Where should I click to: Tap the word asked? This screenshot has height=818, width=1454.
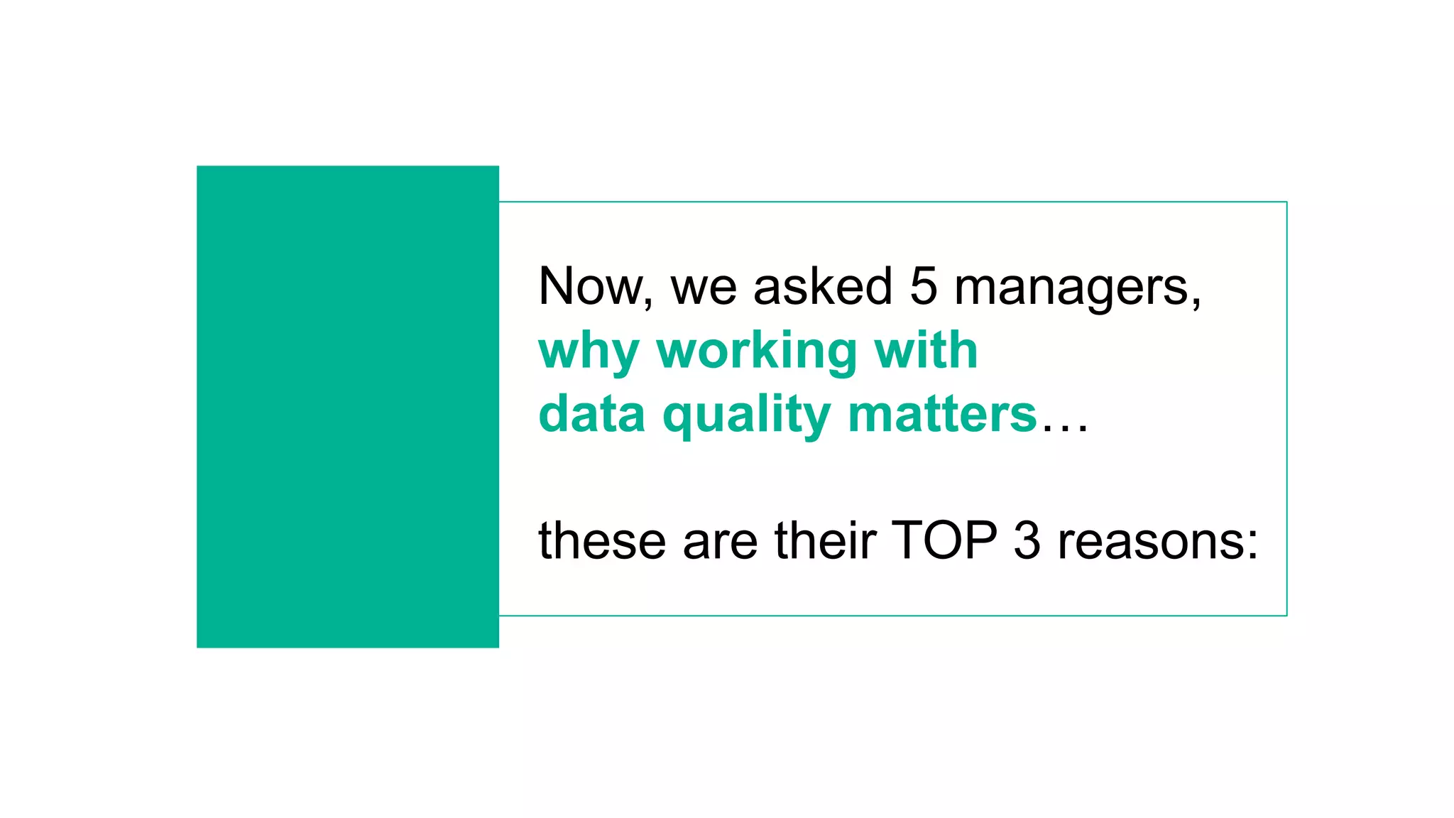[x=822, y=287]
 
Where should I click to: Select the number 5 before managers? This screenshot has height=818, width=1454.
[x=923, y=287]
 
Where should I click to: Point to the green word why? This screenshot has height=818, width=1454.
[x=589, y=353]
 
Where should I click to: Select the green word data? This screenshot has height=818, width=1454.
[x=592, y=414]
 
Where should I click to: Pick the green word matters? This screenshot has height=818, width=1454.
[x=942, y=414]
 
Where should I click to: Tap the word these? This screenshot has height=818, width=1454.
[x=602, y=541]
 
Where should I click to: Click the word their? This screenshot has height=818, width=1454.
[x=825, y=541]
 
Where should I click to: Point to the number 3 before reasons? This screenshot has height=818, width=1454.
[x=1027, y=541]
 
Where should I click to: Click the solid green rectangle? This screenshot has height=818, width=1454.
[x=347, y=406]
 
